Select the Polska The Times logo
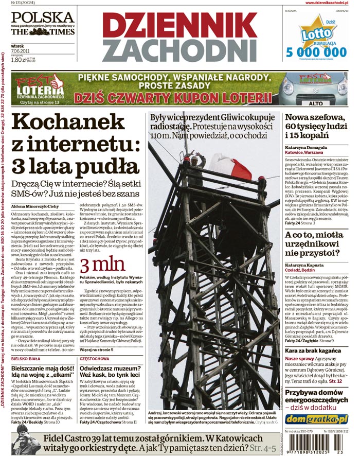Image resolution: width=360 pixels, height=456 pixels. pyautogui.click(x=43, y=23)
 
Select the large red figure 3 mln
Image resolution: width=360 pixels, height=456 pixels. pyautogui.click(x=102, y=264)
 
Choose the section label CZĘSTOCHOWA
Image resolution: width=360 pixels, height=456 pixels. pyautogui.click(x=96, y=358)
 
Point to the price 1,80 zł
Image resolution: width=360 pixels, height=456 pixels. pyautogui.click(x=19, y=59)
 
